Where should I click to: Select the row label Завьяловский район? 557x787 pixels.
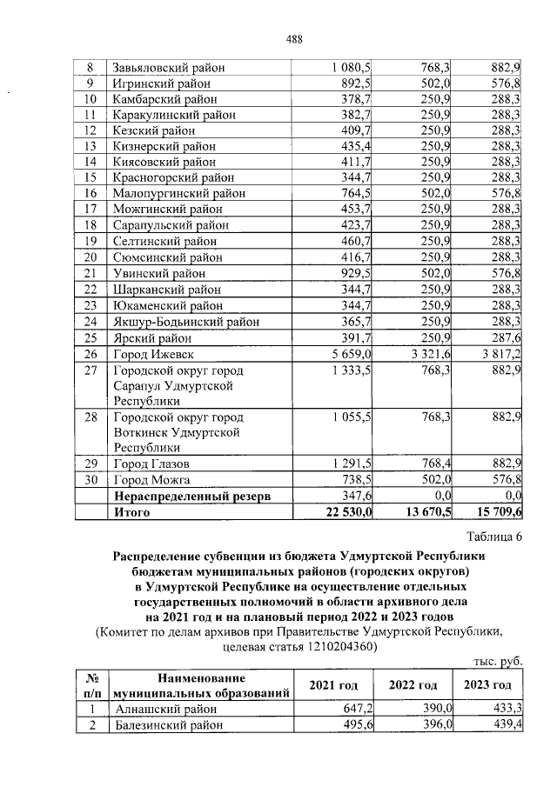pyautogui.click(x=167, y=68)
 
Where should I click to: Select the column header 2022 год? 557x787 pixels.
pyautogui.click(x=413, y=685)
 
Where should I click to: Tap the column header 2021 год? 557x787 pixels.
pyautogui.click(x=337, y=685)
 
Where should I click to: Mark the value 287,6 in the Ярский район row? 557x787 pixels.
pyautogui.click(x=506, y=337)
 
